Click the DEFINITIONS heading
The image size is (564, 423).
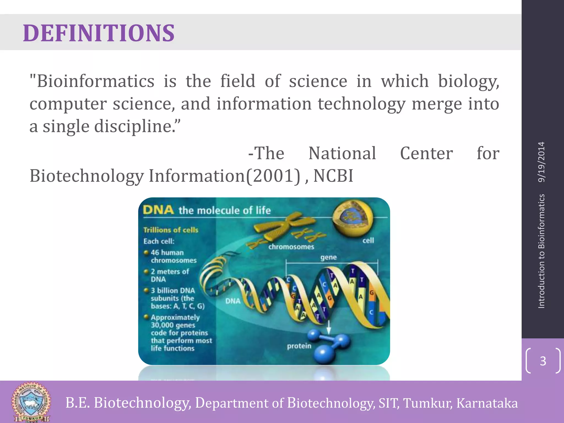point(99,33)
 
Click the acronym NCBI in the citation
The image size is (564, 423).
point(333,176)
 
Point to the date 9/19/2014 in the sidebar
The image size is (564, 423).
point(541,162)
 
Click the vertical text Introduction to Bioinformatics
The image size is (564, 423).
point(541,251)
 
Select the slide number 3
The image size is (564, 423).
point(543,361)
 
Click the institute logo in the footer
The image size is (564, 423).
point(31,402)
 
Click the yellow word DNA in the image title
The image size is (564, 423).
point(158,210)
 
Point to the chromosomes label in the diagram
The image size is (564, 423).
point(291,247)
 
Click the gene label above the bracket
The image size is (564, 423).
point(328,257)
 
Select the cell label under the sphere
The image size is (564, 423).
point(368,240)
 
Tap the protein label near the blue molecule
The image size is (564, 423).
point(299,346)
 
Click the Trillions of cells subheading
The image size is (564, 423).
point(171,230)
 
